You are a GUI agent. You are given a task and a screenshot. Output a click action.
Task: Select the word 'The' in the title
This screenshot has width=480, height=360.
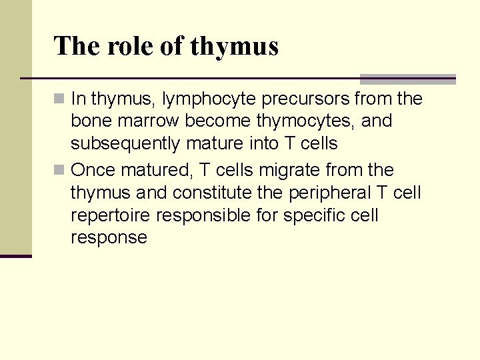[77, 46]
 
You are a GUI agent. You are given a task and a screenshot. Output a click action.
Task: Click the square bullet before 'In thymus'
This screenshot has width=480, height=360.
[60, 99]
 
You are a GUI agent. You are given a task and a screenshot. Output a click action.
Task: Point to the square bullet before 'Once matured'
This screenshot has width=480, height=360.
[60, 170]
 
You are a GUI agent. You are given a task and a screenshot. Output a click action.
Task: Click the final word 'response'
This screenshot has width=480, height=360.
[109, 238]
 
